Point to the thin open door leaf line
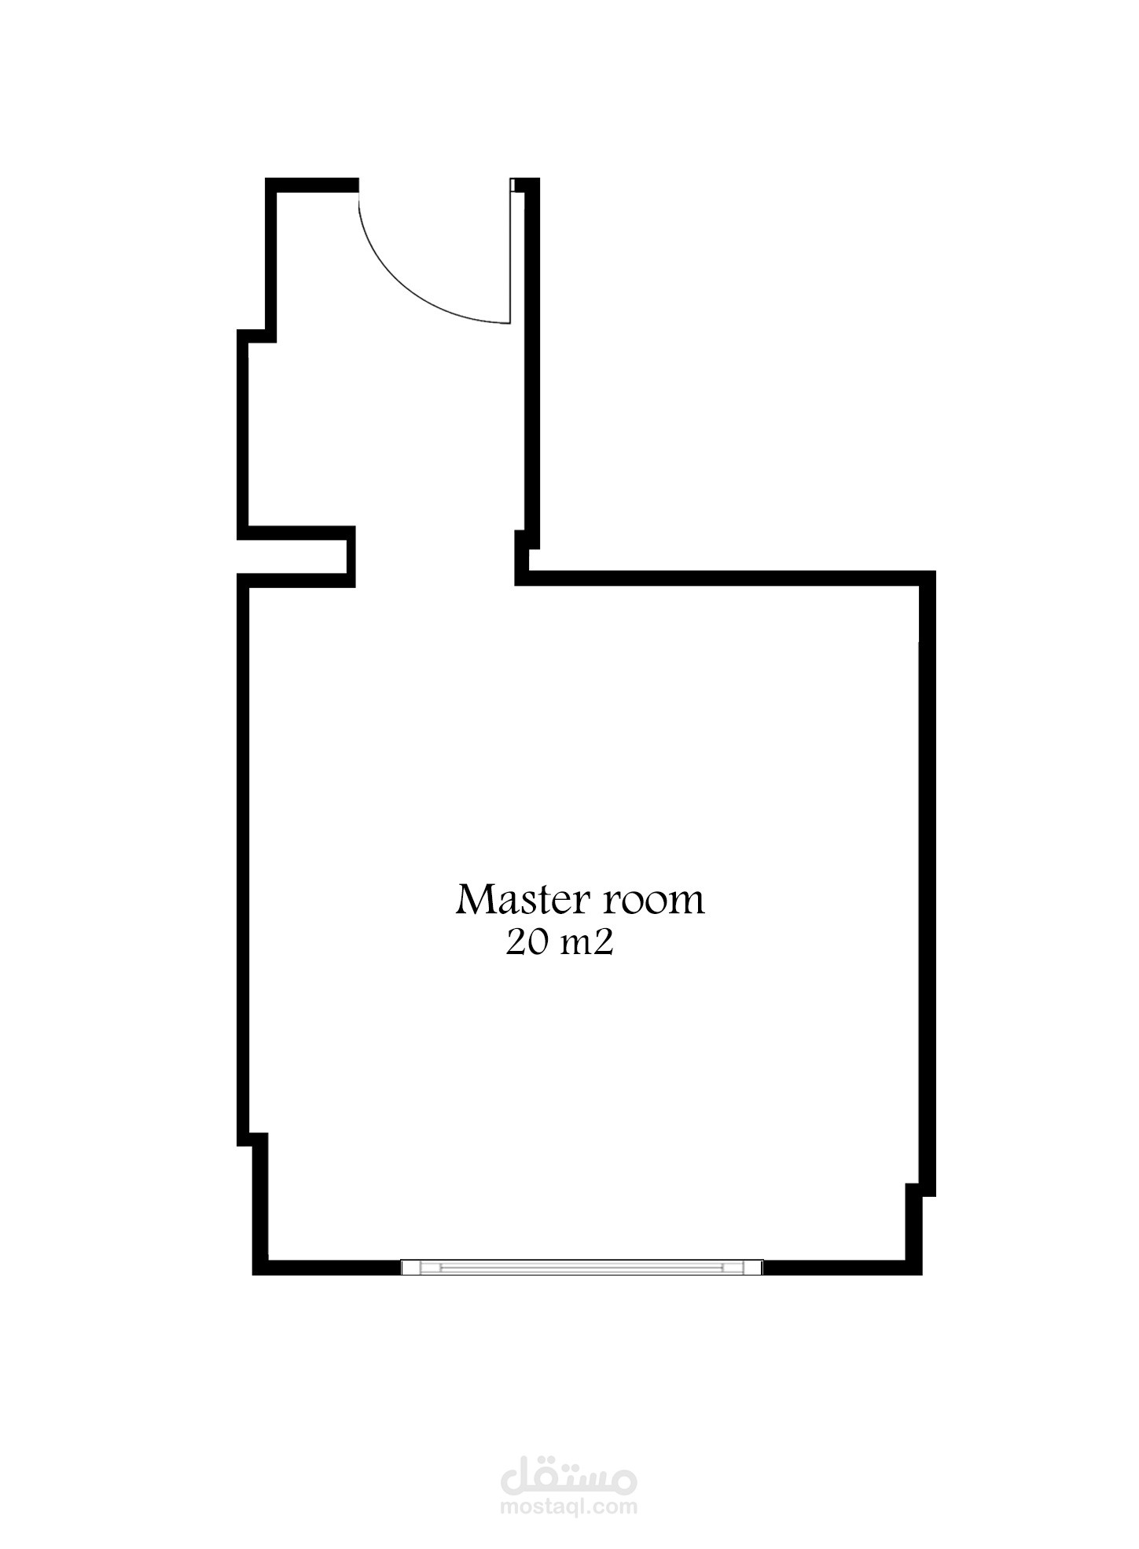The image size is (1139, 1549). (511, 251)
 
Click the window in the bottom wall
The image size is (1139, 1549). (582, 1267)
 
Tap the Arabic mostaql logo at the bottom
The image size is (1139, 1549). (569, 1478)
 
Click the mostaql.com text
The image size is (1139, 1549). (569, 1507)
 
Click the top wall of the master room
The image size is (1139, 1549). (726, 578)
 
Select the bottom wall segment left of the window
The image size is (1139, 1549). (326, 1267)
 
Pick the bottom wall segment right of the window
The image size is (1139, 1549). (842, 1267)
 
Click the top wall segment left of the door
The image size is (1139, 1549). (312, 185)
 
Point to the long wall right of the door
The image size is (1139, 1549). (531, 362)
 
